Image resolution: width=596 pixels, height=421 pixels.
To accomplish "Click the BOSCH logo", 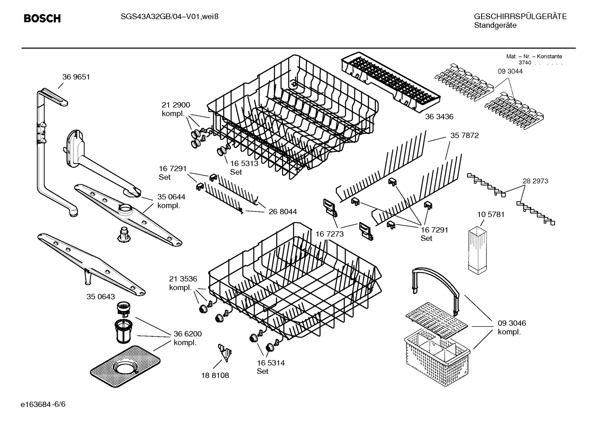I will [42, 18].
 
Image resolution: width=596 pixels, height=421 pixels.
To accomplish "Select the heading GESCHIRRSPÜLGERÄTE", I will [520, 17].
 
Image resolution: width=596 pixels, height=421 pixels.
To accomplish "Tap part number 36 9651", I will [76, 77].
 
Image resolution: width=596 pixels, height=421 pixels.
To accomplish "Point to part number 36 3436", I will [439, 117].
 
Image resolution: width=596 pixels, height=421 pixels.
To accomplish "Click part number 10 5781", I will [491, 214].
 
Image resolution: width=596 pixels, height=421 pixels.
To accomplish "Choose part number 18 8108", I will [215, 375].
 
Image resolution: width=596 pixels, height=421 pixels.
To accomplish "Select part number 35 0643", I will [101, 297].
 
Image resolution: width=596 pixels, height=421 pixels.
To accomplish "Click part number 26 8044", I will [283, 212].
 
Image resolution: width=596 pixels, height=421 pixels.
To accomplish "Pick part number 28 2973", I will [535, 181].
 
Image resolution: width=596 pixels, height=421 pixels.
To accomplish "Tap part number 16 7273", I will [329, 234].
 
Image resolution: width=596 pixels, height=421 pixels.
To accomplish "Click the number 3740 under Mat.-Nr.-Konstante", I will [524, 63].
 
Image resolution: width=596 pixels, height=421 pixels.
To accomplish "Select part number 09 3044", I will [510, 71].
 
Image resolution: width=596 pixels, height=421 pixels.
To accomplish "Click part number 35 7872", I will [464, 136].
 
